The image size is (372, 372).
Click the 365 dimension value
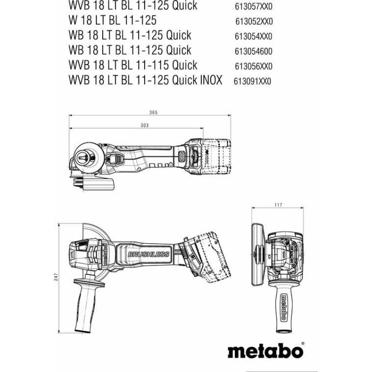tap(153, 112)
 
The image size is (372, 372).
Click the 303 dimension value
tap(145, 125)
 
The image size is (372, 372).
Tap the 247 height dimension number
tap(56, 277)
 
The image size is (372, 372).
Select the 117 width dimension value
tap(278, 205)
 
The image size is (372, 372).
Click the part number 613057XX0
tap(253, 7)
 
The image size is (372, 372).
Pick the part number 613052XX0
tap(254, 21)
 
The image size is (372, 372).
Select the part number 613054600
tap(253, 52)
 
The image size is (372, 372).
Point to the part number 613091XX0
tap(252, 81)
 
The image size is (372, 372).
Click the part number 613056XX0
tap(253, 66)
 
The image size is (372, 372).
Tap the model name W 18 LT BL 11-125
tap(113, 20)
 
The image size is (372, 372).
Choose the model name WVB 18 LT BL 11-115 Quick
tap(133, 65)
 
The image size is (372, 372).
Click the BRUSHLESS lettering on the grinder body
tap(148, 254)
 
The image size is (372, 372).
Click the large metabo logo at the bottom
tap(266, 351)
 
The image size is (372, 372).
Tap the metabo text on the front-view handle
tap(283, 307)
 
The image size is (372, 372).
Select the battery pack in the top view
tap(216, 157)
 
